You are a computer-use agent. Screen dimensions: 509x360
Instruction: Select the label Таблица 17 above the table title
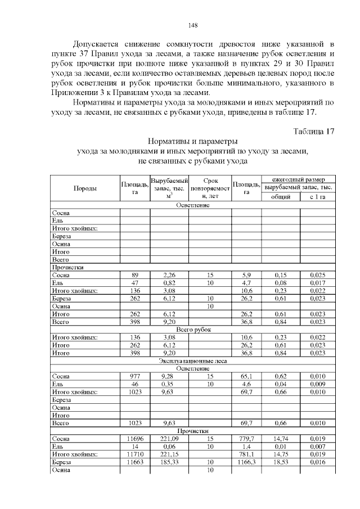(314, 131)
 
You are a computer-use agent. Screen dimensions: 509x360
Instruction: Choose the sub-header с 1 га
(318, 197)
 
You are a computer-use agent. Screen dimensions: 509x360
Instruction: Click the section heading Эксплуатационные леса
(193, 361)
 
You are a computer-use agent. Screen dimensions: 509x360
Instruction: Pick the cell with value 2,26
(169, 275)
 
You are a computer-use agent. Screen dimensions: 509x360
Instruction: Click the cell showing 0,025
(318, 275)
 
